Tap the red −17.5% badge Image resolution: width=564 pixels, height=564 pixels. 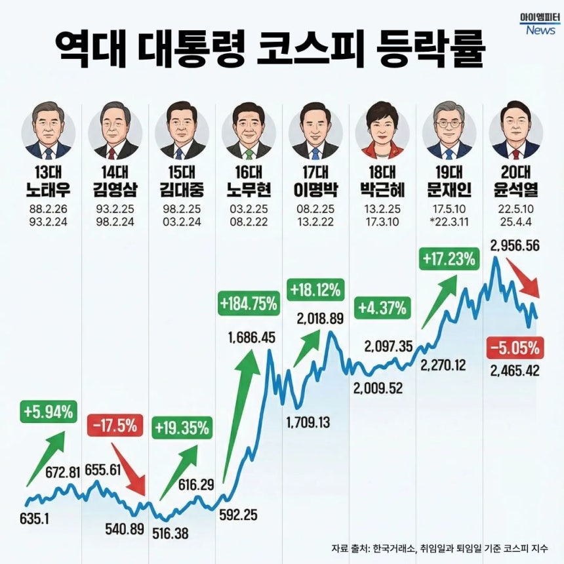click(x=112, y=426)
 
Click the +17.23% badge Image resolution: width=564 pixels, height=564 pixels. click(x=448, y=259)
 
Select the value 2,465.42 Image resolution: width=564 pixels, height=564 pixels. click(x=515, y=371)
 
